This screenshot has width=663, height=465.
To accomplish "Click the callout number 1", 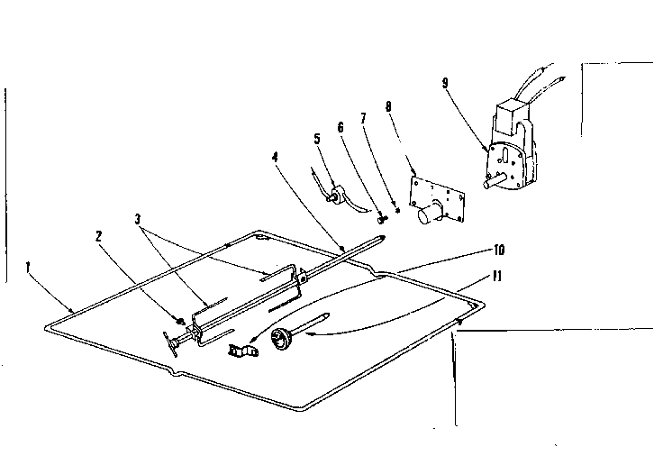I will (29, 267).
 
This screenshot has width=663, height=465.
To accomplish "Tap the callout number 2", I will (99, 235).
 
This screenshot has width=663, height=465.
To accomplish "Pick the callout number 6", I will (341, 129).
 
